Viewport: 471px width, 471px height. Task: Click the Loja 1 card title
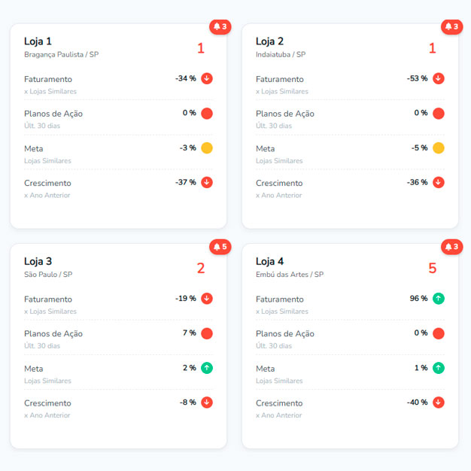coord(38,41)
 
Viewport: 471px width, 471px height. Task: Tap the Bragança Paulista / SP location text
coord(61,55)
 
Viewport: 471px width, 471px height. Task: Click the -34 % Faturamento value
coord(186,78)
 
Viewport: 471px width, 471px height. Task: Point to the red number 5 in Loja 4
coord(432,269)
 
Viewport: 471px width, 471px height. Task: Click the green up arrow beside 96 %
coord(439,299)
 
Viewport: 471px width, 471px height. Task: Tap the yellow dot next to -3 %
coord(207,147)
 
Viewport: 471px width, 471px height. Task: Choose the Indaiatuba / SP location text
coord(281,55)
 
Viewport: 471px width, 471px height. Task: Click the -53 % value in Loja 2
coord(418,78)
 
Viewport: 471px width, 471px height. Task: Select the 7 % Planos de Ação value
coord(189,333)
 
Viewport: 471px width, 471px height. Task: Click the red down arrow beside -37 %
coord(207,182)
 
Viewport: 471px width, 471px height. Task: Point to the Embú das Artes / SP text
coord(290,275)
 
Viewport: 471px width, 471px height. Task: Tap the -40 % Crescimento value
coord(418,403)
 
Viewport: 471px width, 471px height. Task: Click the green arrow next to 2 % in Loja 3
coord(207,368)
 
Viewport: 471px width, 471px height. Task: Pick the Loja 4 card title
coord(269,261)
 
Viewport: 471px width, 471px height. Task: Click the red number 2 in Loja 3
coord(201,269)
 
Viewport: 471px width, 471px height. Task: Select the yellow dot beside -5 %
coord(439,147)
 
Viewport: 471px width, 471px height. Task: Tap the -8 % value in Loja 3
coord(188,403)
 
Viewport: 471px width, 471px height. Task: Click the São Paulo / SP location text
coord(48,275)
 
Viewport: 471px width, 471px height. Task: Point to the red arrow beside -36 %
coord(439,182)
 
